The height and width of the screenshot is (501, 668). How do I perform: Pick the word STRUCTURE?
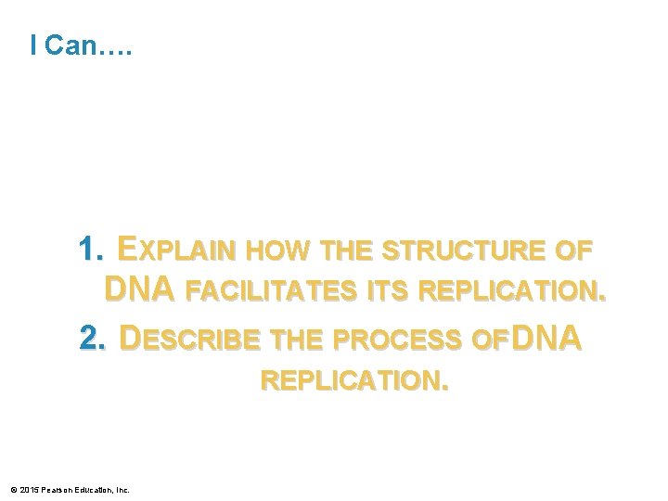(x=463, y=251)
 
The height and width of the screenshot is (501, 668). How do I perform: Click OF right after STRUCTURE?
(x=573, y=251)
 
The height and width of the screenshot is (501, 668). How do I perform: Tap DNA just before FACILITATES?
(x=138, y=290)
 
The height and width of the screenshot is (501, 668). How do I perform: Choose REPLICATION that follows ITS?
(x=513, y=292)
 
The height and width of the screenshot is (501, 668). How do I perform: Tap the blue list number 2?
(x=94, y=339)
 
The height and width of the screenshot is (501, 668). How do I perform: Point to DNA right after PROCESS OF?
(x=546, y=339)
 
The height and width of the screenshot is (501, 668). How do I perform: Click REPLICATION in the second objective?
(x=354, y=381)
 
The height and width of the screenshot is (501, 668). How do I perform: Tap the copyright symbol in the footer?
(x=13, y=489)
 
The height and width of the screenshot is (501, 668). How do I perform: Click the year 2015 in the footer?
(x=29, y=489)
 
